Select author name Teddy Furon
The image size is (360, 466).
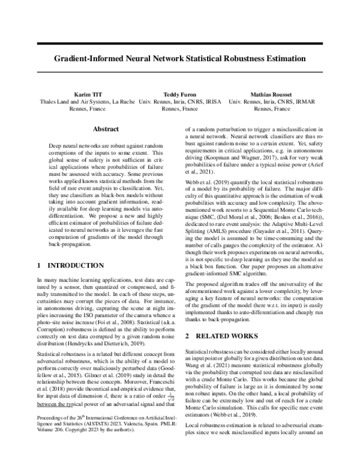point(179,95)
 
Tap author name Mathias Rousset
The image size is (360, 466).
point(273,95)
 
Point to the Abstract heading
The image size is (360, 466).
point(109,129)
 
